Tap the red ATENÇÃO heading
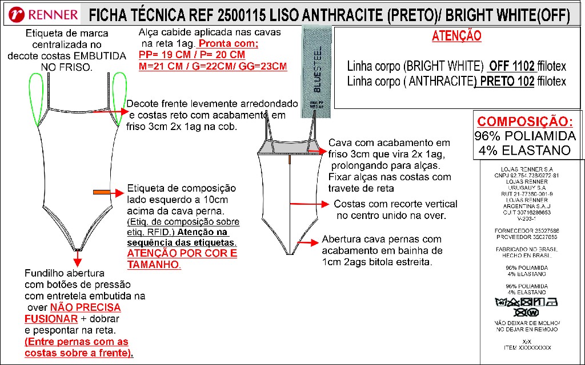pos(456,36)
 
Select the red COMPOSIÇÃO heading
pos(524,121)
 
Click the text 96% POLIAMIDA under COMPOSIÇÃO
pos(524,136)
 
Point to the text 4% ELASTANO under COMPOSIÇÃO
pos(524,151)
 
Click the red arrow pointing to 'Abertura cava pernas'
pos(307,242)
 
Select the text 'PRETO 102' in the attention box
pos(504,82)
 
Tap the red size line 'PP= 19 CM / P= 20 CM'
pos(192,55)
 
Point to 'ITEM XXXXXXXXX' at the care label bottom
pos(527,347)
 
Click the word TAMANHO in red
pos(153,265)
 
